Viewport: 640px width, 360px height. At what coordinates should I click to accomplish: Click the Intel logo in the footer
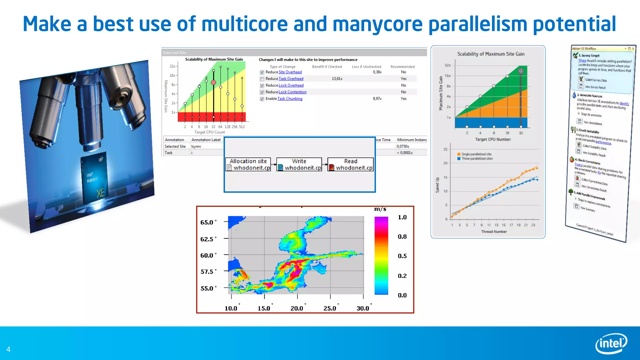(611, 343)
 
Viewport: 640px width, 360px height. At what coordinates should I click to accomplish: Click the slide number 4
(8, 349)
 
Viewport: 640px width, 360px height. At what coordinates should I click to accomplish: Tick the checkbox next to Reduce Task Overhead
(262, 79)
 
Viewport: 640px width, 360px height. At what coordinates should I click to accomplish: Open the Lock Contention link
(292, 92)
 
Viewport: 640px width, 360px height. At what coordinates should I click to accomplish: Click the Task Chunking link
(290, 99)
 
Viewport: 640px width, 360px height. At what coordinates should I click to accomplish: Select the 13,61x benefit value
(337, 79)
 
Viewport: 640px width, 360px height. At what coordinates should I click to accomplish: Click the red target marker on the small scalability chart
(213, 82)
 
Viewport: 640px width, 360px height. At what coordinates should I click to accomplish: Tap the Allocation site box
(248, 164)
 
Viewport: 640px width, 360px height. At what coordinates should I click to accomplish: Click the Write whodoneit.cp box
(299, 164)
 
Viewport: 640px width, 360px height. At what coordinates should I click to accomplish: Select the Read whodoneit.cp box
(350, 164)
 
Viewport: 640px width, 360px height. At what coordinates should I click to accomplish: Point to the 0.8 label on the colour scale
(402, 237)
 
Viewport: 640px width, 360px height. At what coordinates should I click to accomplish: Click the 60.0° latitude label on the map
(207, 255)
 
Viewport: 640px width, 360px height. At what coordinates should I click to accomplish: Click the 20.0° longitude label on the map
(297, 308)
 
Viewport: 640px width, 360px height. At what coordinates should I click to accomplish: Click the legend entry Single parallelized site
(476, 154)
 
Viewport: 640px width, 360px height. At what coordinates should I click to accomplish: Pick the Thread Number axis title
(494, 232)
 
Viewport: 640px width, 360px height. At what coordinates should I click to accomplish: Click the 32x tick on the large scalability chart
(447, 65)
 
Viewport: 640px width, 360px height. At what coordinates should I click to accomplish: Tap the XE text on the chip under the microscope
(100, 193)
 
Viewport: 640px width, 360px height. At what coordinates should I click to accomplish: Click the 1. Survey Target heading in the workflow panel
(588, 55)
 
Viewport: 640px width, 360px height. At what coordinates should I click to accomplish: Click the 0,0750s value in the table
(403, 146)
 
